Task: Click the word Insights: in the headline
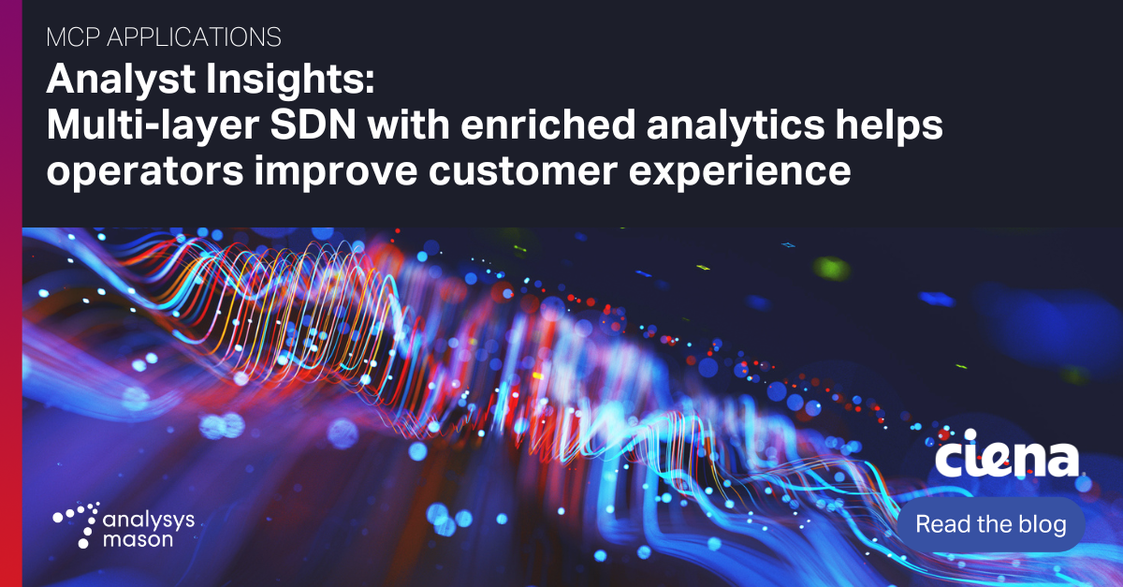pyautogui.click(x=284, y=82)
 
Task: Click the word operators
pyautogui.click(x=144, y=172)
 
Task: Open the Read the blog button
pyautogui.click(x=990, y=524)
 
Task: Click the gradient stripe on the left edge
pyautogui.click(x=10, y=293)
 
